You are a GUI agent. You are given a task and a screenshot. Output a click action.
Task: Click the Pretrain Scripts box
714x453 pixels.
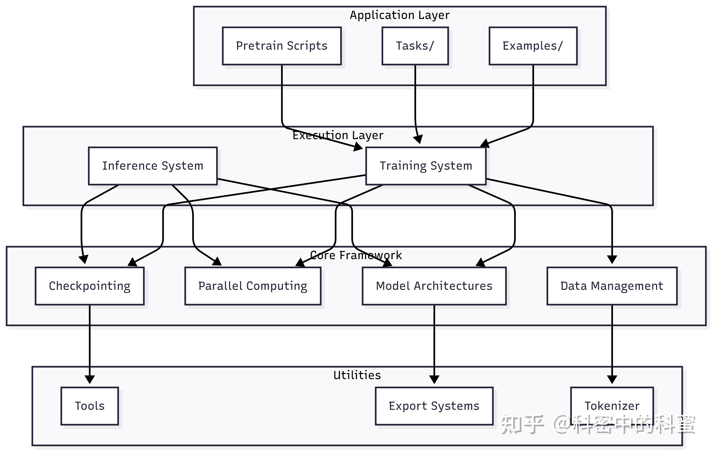(x=282, y=46)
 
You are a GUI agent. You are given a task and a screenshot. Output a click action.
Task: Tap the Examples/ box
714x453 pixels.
(x=533, y=46)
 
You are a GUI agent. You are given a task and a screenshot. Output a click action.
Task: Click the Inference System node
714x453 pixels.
(x=153, y=166)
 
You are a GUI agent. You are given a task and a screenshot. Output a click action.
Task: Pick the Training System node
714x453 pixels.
(x=426, y=166)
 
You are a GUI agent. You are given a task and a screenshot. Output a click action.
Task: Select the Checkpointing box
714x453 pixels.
(x=90, y=286)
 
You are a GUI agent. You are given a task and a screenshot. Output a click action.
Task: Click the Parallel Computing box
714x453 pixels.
(x=253, y=286)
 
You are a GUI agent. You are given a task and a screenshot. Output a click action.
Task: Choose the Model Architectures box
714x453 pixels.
(x=434, y=286)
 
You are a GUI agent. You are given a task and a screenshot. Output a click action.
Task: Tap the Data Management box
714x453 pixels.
(x=612, y=286)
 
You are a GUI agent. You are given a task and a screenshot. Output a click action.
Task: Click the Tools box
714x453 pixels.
(x=90, y=406)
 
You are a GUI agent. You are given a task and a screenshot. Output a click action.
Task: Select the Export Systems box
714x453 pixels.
(x=434, y=406)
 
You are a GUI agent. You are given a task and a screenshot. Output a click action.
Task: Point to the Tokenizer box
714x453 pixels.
(x=612, y=406)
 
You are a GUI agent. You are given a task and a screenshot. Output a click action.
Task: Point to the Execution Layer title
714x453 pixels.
(x=338, y=135)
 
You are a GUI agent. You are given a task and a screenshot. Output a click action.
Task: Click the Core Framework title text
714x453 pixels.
(x=356, y=255)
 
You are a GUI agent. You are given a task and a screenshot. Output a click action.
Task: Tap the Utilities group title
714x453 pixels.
(x=357, y=375)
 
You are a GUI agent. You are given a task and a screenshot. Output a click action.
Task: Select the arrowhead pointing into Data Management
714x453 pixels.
(x=612, y=260)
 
